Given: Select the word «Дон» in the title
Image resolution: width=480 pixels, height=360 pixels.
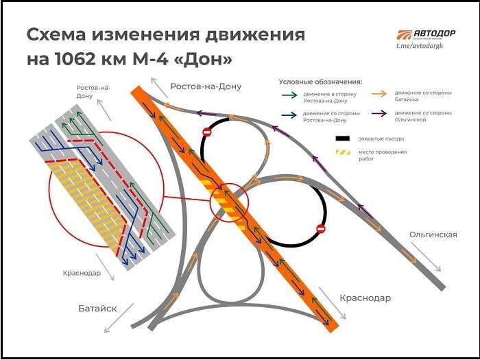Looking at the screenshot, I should point(205,60).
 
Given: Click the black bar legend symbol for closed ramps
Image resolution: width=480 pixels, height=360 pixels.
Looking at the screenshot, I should point(341,139).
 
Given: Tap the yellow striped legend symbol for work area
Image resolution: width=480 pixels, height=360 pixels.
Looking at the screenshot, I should point(341,152).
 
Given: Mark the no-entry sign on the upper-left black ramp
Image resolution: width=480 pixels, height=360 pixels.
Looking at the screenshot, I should point(206,132).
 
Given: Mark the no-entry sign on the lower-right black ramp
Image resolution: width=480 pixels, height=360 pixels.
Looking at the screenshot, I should point(320,228).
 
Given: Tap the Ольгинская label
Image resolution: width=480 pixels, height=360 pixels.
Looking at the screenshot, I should point(433,235).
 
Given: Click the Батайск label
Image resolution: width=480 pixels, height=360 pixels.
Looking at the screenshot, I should point(97,309).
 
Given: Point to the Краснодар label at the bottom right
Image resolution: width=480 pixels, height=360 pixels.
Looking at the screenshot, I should point(365,298).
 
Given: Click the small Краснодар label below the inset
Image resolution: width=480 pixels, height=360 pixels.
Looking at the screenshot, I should point(81,272).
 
